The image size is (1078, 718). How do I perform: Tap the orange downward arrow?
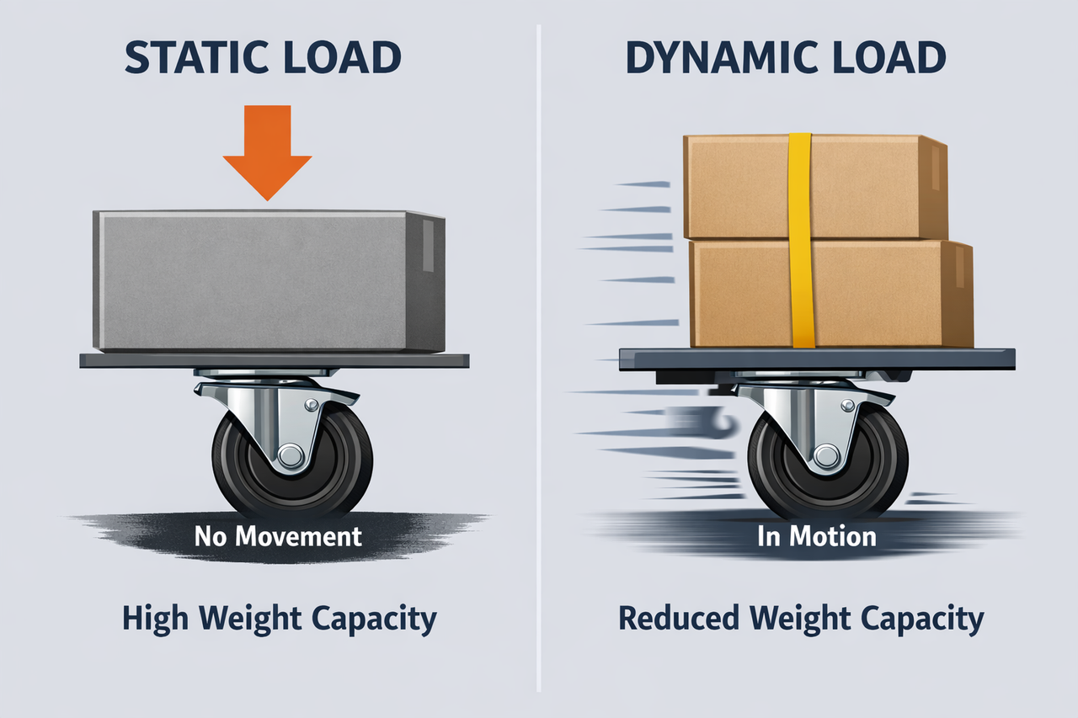(x=267, y=152)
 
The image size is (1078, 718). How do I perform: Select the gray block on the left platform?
(x=269, y=281)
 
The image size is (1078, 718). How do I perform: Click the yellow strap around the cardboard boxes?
(x=801, y=241)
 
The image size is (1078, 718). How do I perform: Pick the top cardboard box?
(x=815, y=187)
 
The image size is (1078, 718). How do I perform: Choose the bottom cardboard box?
(x=831, y=294)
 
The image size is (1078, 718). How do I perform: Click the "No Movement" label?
(x=278, y=536)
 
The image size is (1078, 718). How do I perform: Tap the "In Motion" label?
(x=817, y=536)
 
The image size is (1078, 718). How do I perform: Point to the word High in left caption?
(x=155, y=620)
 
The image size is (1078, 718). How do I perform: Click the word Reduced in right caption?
(x=679, y=619)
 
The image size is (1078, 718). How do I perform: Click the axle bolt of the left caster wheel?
(x=291, y=455)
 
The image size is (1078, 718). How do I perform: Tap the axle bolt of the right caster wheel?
(x=826, y=455)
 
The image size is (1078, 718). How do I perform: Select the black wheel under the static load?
(x=292, y=464)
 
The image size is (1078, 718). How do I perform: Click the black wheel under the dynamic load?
(x=828, y=464)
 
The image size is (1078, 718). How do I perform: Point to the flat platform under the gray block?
(x=275, y=360)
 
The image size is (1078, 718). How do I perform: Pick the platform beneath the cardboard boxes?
(x=817, y=359)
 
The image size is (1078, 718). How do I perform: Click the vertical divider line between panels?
(x=538, y=359)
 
